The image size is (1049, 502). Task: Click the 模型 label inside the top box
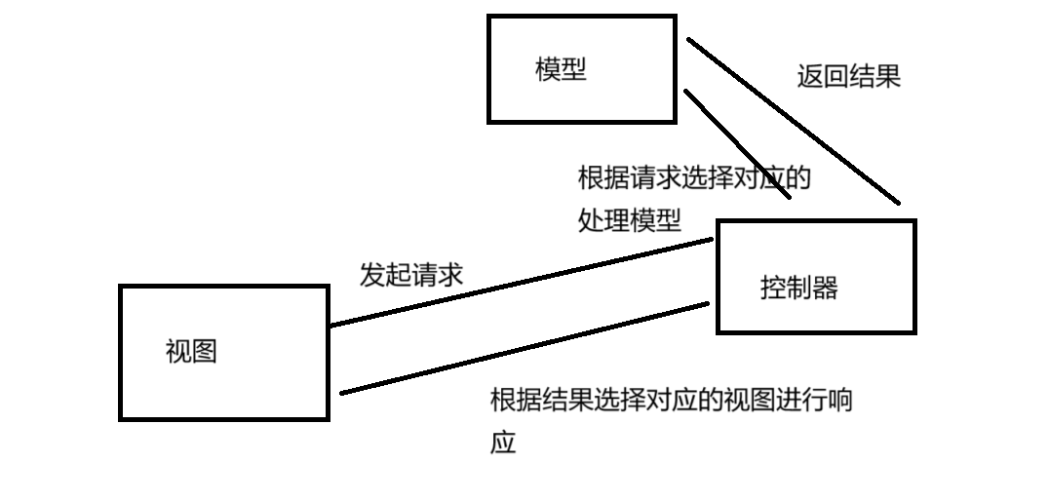562,70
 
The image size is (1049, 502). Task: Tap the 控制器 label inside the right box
798,288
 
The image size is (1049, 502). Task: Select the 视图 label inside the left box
191,352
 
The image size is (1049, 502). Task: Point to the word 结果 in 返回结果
874,77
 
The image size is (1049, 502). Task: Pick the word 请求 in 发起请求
437,275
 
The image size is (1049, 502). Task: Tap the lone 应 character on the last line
502,444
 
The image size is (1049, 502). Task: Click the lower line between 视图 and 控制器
526,348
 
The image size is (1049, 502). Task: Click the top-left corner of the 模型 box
489,17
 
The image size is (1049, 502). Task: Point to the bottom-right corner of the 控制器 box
914,331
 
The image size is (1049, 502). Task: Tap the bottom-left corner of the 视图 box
121,419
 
